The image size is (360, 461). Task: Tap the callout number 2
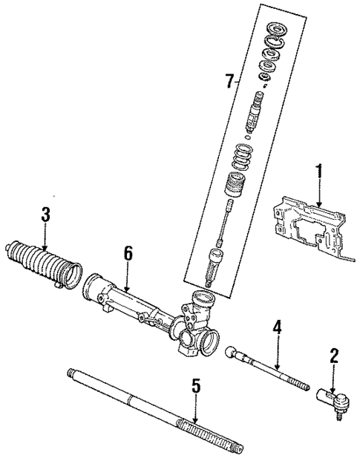[x=333, y=356]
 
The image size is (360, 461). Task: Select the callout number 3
[x=46, y=215]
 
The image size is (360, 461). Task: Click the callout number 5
[x=195, y=386]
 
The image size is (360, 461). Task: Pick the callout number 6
[x=128, y=254]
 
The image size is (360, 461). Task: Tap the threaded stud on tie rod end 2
[x=343, y=405]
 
